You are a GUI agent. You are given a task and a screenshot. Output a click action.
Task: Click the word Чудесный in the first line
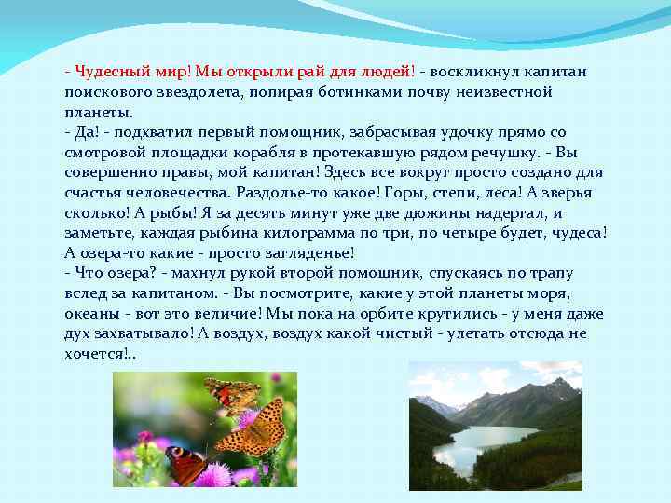click(111, 72)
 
